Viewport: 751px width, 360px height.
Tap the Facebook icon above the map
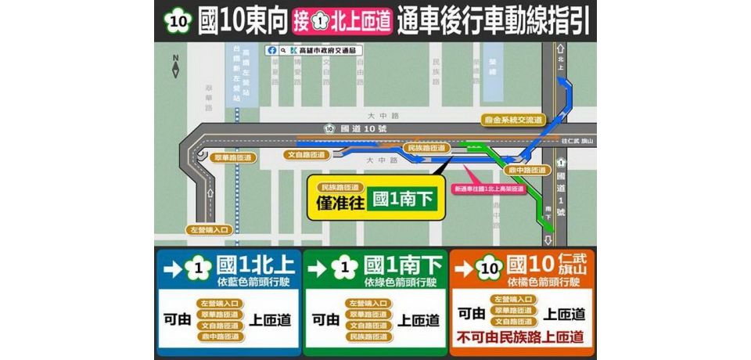click(x=272, y=50)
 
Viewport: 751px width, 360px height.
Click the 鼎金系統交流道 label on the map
click(x=513, y=120)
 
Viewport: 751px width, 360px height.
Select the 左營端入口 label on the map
click(x=210, y=230)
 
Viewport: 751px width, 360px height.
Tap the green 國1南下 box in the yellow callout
click(x=402, y=200)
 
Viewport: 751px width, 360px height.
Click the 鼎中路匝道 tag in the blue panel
click(x=220, y=337)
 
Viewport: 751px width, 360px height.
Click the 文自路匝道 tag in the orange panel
click(x=514, y=322)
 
